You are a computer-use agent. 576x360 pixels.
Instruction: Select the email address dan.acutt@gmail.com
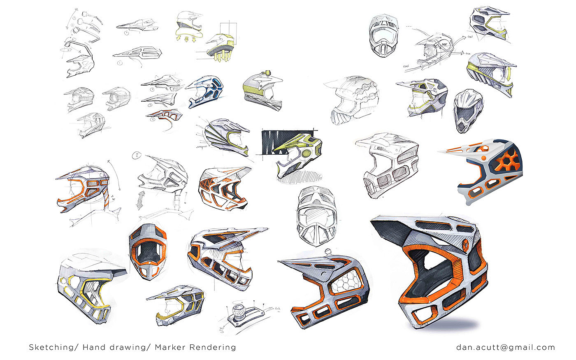[505, 347]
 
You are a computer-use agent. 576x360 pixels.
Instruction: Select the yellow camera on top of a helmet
[269, 73]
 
